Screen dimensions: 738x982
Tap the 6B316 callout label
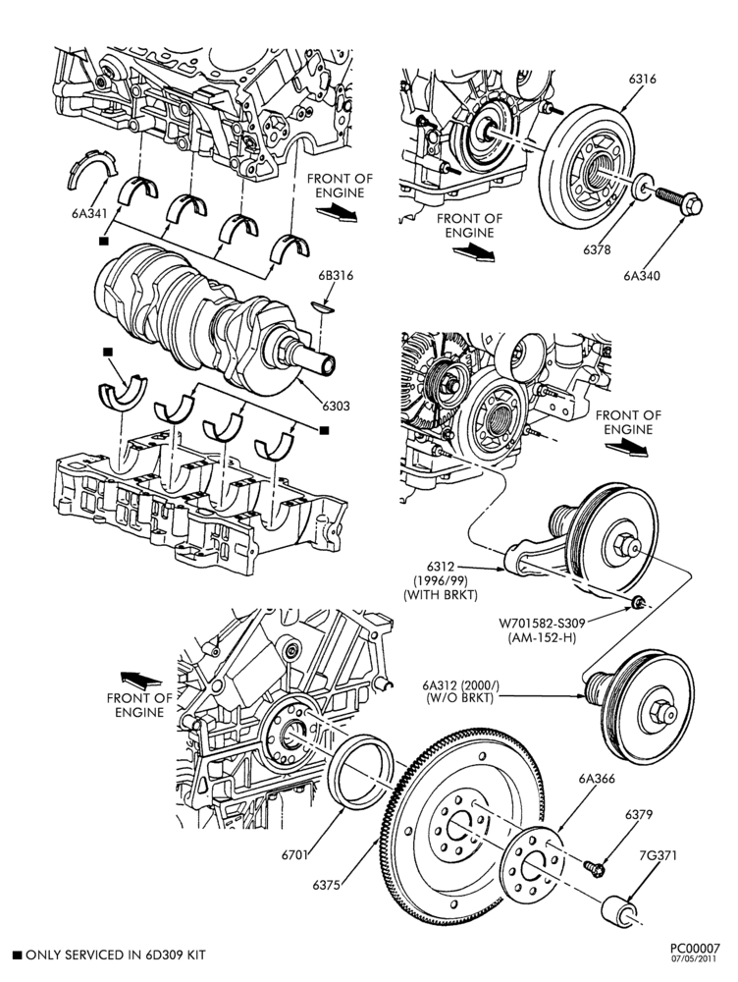[335, 275]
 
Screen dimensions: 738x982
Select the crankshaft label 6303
[337, 406]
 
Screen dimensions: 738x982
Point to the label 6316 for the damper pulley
[642, 79]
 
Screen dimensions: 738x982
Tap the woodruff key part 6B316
[323, 306]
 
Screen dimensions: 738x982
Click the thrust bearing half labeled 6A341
[91, 170]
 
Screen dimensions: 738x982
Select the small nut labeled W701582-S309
[637, 602]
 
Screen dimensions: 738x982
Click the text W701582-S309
[542, 624]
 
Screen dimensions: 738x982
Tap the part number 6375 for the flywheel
[326, 885]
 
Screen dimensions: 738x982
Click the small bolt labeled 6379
[594, 868]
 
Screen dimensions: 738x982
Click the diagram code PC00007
[694, 949]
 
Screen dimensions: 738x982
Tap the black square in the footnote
[17, 955]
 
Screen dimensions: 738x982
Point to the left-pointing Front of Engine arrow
[141, 680]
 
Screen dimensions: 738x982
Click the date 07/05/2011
[694, 958]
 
